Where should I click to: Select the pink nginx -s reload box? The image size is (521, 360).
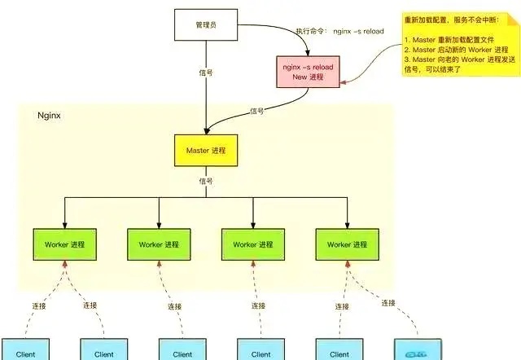[x=308, y=70]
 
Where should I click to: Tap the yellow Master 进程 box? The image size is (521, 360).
[x=206, y=151]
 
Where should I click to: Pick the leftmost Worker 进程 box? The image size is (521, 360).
[x=64, y=244]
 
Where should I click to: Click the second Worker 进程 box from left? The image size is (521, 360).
[x=159, y=244]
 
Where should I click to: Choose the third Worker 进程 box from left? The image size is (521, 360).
[x=253, y=244]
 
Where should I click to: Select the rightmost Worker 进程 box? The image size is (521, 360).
[x=348, y=244]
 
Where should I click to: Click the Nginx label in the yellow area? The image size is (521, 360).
[x=50, y=116]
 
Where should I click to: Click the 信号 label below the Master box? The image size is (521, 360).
[x=206, y=181]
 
